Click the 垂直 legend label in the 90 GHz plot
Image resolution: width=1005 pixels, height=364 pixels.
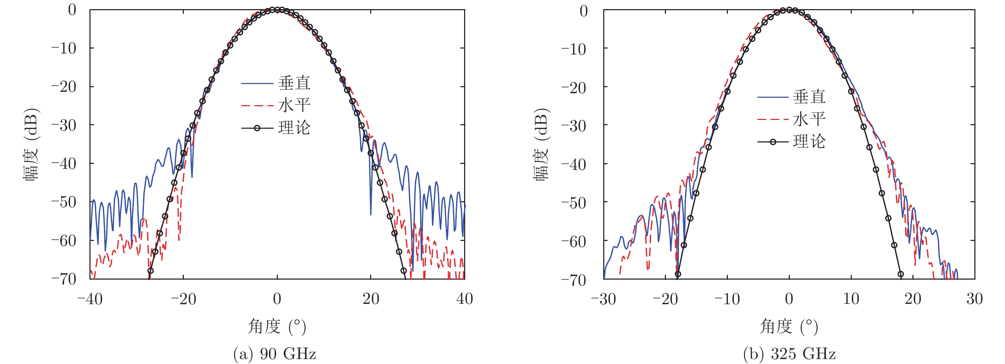294,83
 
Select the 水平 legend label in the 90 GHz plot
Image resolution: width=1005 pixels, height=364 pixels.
294,105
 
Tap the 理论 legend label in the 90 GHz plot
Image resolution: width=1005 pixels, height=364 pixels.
294,128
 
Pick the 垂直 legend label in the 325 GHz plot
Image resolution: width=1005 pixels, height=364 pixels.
809,97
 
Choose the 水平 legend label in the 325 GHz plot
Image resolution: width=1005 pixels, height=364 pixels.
809,119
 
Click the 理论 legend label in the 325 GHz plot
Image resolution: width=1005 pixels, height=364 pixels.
809,141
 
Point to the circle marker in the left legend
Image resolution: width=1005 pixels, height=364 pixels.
257,128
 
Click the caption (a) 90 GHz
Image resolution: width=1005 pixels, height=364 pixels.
275,354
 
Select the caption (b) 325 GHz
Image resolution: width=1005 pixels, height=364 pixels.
789,354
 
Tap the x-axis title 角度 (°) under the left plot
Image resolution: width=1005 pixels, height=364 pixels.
277,326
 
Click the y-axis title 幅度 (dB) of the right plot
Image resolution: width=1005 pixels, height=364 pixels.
541,144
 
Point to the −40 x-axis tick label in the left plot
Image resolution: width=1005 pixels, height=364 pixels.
90,299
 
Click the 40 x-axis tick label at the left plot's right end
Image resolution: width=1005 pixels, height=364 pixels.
464,299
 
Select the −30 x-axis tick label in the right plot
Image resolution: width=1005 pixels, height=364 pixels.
603,299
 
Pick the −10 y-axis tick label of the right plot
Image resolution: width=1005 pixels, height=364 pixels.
574,49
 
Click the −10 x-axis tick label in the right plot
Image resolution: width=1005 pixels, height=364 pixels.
727,299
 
